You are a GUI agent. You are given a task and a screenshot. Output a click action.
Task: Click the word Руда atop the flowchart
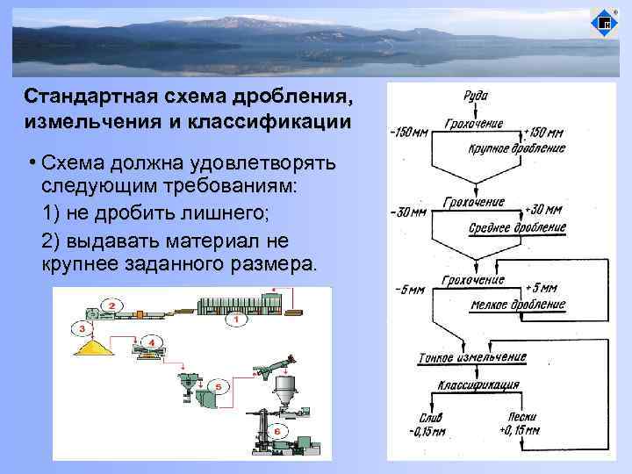476,96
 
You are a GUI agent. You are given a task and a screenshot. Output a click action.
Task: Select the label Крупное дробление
516,148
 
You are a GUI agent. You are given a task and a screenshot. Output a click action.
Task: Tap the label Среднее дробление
518,227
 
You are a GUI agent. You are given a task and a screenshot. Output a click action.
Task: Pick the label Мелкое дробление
518,305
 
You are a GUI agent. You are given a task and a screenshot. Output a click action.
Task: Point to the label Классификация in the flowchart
478,384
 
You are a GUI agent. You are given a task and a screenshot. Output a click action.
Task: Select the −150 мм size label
409,134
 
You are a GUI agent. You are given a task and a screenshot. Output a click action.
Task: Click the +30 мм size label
542,211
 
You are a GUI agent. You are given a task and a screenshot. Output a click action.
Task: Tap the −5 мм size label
409,289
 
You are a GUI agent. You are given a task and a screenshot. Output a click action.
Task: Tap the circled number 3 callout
83,328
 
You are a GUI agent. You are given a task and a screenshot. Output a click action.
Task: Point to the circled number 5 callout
218,385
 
